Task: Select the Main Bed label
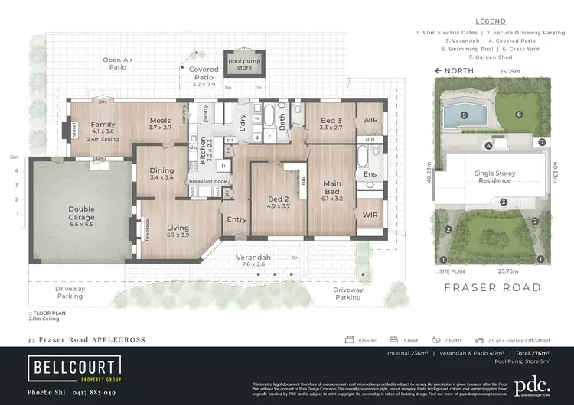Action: click(332, 187)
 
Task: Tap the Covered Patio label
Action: click(203, 73)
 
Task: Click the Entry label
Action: click(236, 219)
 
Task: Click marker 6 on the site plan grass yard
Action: click(518, 115)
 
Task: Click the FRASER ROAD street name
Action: click(492, 288)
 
